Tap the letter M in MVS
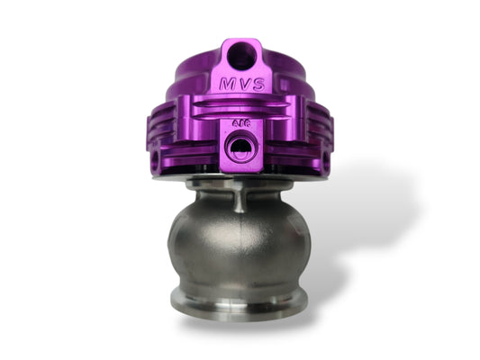[x=225, y=84]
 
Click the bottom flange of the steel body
[x=240, y=301]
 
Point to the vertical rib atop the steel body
[x=240, y=199]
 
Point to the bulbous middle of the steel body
[x=240, y=243]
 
